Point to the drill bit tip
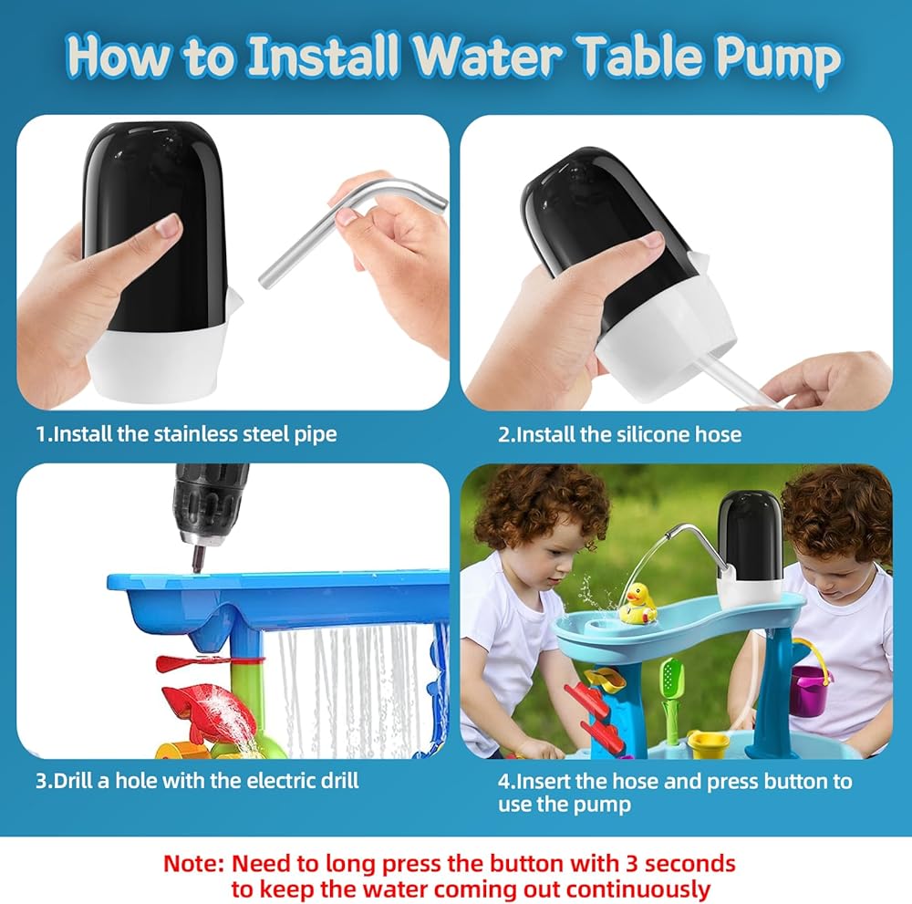tap(196, 569)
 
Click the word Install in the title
tap(323, 55)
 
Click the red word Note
tap(193, 863)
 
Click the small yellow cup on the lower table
tap(708, 744)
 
